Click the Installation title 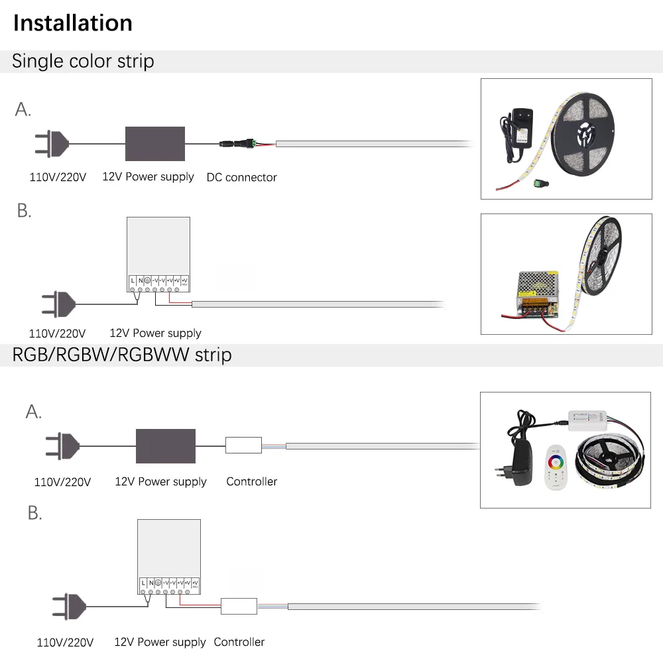73,23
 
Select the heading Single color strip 83,61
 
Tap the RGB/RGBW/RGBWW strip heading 122,355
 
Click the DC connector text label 241,177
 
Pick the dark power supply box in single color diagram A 155,143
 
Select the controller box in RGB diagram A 243,445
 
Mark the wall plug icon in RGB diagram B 70,605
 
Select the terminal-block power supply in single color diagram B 158,255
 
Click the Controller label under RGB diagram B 239,642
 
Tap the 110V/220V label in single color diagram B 58,333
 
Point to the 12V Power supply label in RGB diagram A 160,482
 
